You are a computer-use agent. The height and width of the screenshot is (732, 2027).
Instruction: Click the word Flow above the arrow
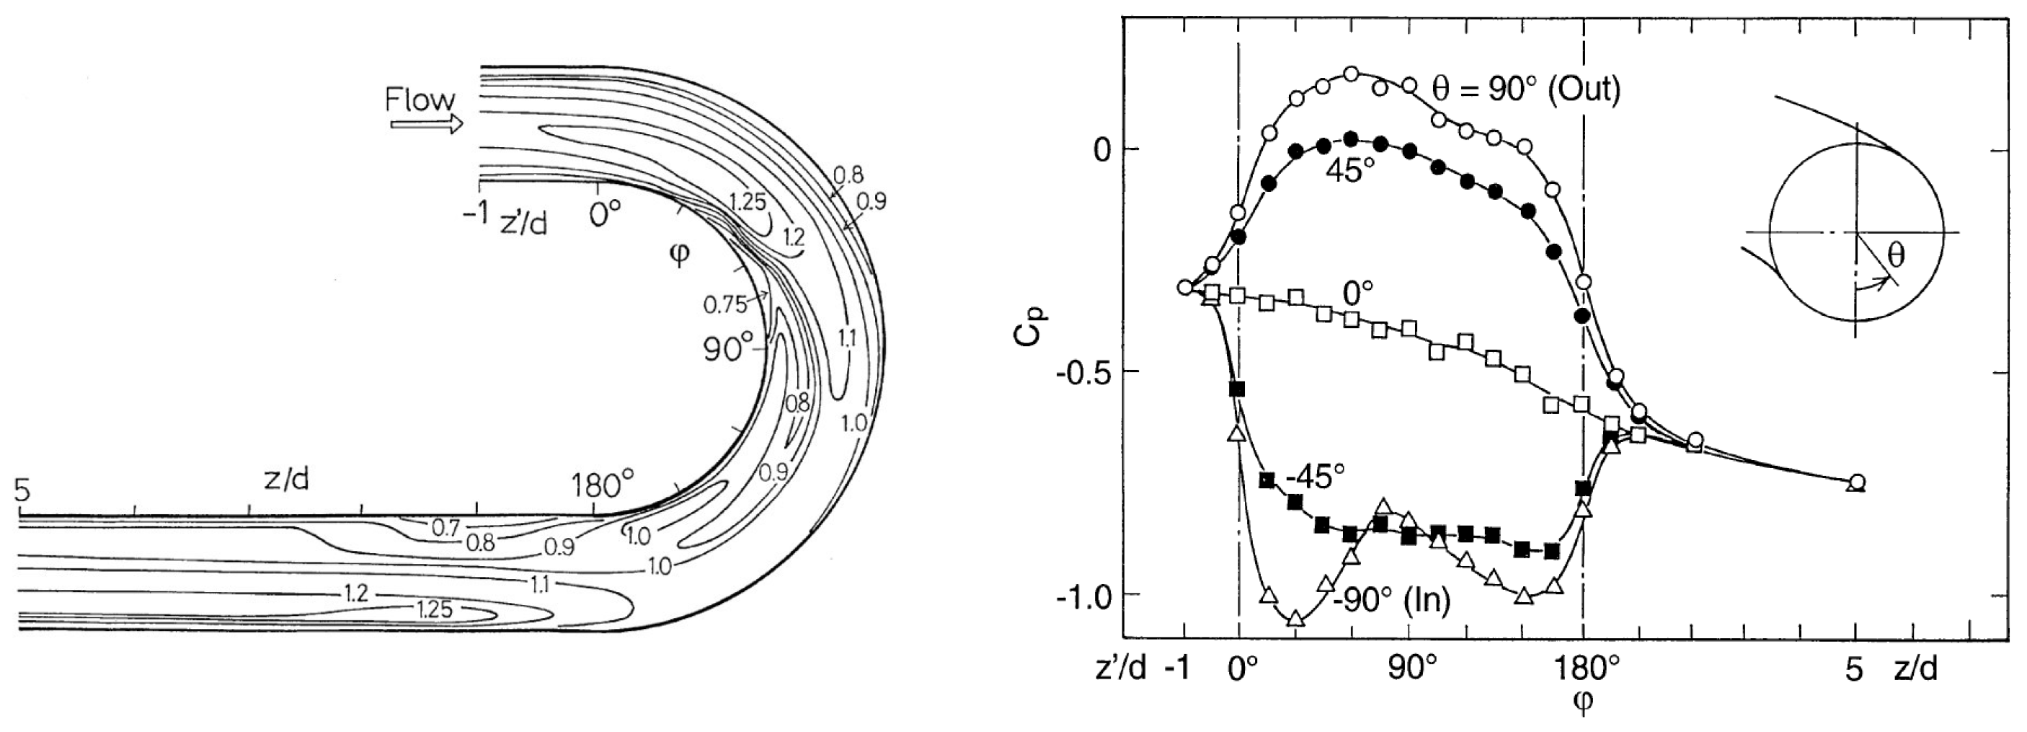coord(420,100)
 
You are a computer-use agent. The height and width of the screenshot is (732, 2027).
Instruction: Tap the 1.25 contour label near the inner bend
coord(746,202)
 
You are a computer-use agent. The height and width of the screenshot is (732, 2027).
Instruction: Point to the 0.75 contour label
coord(724,304)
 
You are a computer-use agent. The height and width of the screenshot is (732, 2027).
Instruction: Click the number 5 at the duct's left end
coord(23,490)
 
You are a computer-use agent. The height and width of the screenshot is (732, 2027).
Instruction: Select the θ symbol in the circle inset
coord(1897,255)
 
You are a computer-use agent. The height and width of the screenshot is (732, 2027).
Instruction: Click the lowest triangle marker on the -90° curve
coord(1296,619)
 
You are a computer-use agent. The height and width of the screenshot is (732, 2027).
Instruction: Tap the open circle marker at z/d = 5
coord(1856,482)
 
